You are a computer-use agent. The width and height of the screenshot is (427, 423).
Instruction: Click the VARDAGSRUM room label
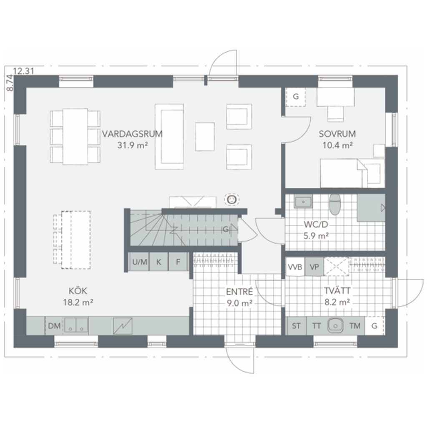pos(132,134)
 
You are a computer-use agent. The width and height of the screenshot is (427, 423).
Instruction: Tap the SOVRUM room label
pos(337,134)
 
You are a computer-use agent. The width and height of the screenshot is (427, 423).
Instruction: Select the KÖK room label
pos(78,291)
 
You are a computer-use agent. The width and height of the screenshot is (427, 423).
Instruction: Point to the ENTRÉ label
pos(239,291)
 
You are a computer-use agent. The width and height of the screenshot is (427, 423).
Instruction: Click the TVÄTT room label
pos(337,291)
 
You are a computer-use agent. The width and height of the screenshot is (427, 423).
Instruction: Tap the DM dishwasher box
pos(54,326)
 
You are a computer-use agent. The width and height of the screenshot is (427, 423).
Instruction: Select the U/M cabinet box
pos(139,262)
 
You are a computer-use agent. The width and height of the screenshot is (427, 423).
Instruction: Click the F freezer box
pos(178,262)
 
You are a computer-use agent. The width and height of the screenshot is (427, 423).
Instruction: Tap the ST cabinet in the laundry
pos(296,326)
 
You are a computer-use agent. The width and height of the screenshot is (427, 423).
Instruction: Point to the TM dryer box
pos(355,326)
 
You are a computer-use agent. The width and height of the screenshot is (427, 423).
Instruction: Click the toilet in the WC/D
pos(334,204)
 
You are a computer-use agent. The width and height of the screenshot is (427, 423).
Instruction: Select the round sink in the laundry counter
pos(335,325)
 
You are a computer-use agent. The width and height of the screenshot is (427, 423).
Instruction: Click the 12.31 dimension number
pos(23,70)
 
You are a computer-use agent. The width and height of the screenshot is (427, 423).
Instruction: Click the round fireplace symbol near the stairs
pos(231,199)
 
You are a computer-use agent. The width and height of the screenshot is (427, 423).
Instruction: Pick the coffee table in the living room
pos(205,136)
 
